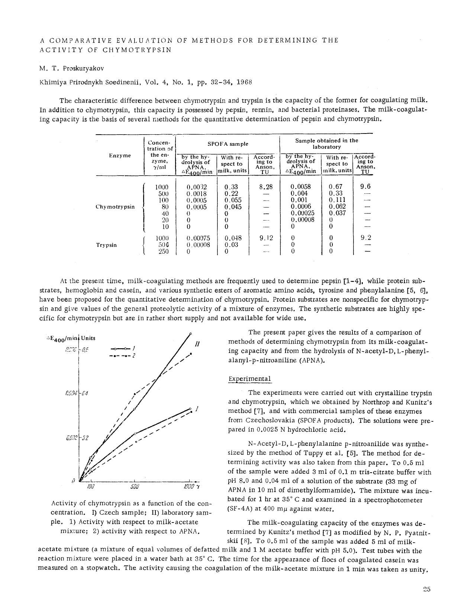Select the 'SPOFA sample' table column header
pyautogui.click(x=228, y=144)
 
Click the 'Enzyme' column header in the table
pyautogui.click(x=120, y=155)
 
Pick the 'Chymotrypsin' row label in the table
pyautogui.click(x=115, y=207)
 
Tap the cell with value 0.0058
pyautogui.click(x=300, y=187)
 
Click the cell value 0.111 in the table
pyautogui.click(x=337, y=200)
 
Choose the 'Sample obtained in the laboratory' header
pyautogui.click(x=326, y=144)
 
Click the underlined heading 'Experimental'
pyautogui.click(x=249, y=379)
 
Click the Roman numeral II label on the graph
pyautogui.click(x=198, y=344)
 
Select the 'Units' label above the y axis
pyautogui.click(x=88, y=338)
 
